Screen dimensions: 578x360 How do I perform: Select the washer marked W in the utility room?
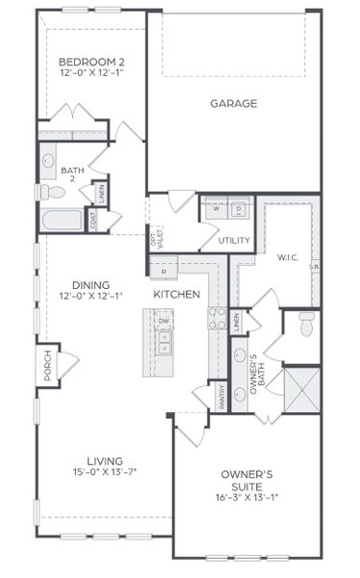pyautogui.click(x=215, y=209)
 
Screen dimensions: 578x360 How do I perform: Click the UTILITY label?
pyautogui.click(x=233, y=241)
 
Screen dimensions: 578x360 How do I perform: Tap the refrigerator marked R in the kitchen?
pyautogui.click(x=165, y=272)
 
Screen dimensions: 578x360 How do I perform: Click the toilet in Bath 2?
pyautogui.click(x=54, y=193)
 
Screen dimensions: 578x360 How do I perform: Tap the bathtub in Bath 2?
pyautogui.click(x=62, y=220)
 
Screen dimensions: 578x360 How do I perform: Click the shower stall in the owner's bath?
pyautogui.click(x=302, y=388)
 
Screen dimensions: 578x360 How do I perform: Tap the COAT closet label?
pyautogui.click(x=92, y=220)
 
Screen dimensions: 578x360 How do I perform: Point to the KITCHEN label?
pyautogui.click(x=176, y=294)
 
